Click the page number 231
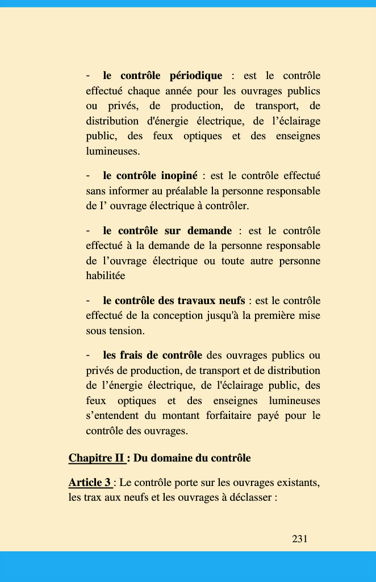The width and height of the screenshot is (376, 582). tap(299, 539)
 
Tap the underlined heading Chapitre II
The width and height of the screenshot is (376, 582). tap(96, 458)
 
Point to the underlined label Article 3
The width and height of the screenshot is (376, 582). tap(90, 483)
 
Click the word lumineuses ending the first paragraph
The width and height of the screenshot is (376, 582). tap(111, 151)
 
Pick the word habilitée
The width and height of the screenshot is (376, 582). tap(106, 276)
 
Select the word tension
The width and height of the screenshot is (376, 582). tap(129, 330)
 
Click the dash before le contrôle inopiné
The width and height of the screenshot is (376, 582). tap(88, 176)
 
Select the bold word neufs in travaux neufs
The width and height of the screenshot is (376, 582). tap(232, 301)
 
